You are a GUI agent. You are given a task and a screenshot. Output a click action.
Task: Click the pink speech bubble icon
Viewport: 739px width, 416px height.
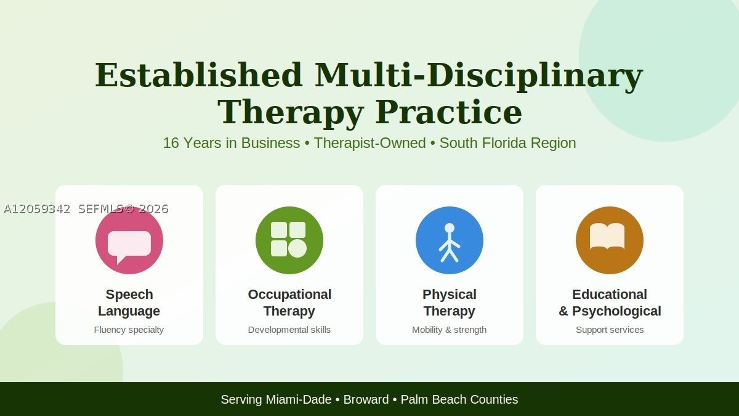point(129,240)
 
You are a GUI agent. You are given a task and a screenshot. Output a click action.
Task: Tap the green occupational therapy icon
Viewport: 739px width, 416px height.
point(289,240)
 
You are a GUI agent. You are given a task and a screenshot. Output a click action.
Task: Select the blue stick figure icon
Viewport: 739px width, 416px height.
point(450,240)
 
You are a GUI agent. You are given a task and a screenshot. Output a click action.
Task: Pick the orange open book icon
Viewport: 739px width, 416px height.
point(610,240)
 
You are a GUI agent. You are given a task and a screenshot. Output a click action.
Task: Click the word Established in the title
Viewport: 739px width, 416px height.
point(198,75)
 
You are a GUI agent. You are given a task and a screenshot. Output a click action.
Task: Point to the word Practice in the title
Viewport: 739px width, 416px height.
point(449,113)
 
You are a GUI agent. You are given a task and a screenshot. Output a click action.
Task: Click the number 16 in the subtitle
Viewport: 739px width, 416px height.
point(171,143)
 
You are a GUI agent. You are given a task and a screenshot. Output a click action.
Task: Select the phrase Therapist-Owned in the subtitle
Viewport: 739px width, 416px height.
point(369,143)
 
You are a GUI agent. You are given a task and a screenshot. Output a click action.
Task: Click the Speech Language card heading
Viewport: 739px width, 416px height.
point(129,303)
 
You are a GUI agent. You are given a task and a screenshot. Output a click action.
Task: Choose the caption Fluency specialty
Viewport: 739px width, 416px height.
point(129,330)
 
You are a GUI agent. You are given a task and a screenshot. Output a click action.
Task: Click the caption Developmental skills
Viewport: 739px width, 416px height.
point(289,330)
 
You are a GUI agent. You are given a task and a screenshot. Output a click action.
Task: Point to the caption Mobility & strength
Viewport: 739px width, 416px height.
point(450,330)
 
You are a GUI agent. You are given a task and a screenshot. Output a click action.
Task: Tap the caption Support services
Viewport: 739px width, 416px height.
point(610,330)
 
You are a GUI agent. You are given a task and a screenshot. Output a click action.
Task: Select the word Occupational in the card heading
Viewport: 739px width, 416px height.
point(289,295)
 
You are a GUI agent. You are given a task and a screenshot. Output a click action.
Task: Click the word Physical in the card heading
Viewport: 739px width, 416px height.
point(450,295)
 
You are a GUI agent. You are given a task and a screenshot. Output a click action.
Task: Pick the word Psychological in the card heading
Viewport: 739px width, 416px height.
point(616,311)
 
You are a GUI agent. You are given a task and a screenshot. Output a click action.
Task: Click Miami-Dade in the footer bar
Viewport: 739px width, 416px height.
point(299,399)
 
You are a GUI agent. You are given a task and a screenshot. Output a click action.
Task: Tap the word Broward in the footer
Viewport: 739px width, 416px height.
point(366,399)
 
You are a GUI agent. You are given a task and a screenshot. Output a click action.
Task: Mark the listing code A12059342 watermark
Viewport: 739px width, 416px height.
point(37,209)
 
